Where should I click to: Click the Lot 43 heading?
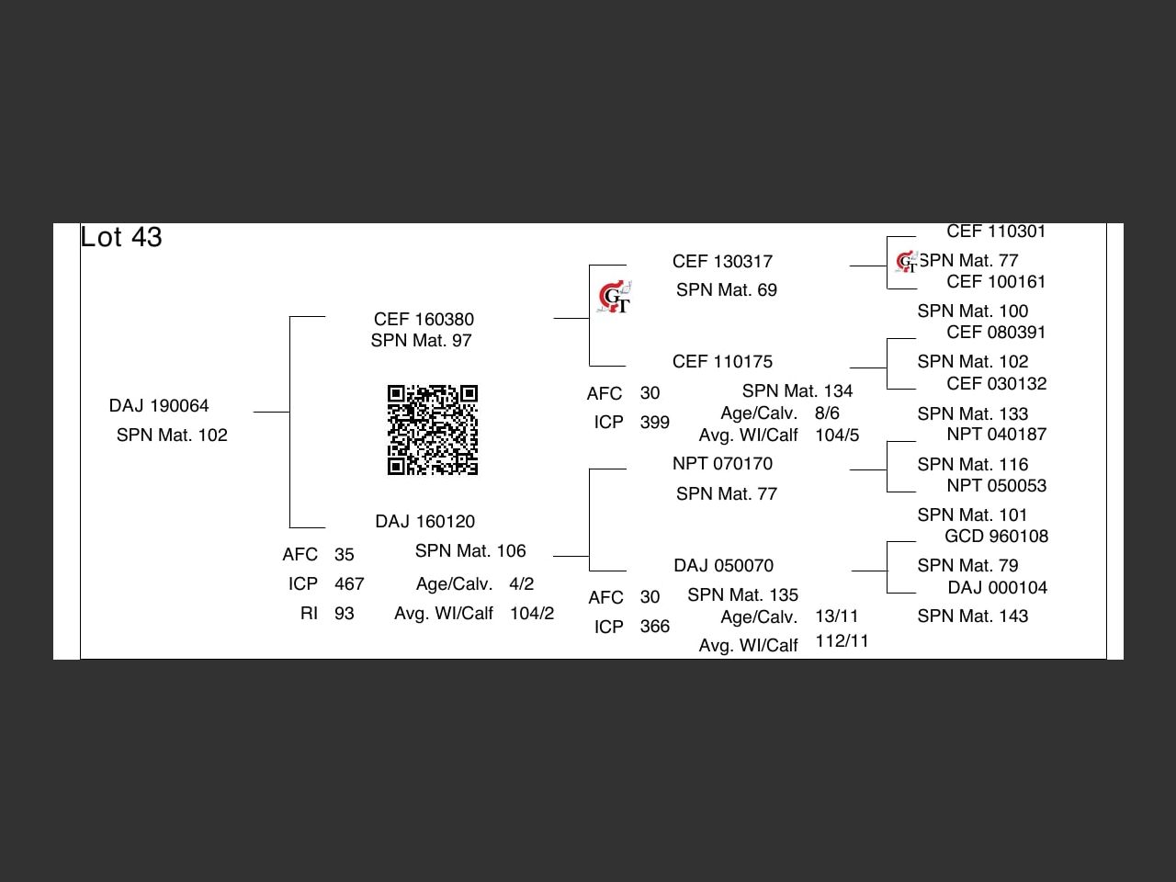[121, 237]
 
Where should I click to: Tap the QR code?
[433, 430]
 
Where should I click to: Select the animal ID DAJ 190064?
[159, 406]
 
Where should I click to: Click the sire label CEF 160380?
[424, 320]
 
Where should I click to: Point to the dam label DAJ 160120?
[424, 522]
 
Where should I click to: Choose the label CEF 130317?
[722, 262]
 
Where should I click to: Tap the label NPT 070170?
[722, 464]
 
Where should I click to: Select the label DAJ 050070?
[723, 566]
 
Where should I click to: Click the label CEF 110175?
[722, 362]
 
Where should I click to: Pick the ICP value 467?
[349, 584]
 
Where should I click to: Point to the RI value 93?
[345, 614]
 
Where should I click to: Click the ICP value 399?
[654, 423]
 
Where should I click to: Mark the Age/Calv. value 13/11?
[836, 616]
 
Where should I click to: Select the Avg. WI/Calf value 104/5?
[837, 435]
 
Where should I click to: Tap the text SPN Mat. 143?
[972, 616]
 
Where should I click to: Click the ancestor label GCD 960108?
[996, 537]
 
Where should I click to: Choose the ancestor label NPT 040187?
[996, 435]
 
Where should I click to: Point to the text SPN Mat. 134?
[797, 391]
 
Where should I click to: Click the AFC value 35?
[345, 555]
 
